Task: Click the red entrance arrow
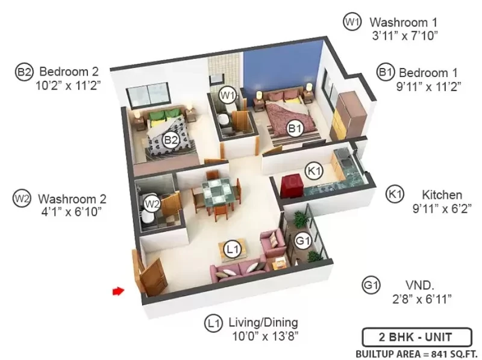(x=118, y=291)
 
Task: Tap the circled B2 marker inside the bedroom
(x=171, y=140)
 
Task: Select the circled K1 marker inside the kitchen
(x=314, y=171)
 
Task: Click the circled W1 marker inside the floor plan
(x=227, y=96)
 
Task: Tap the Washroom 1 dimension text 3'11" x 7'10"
(x=404, y=36)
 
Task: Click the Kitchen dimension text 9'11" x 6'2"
(x=442, y=209)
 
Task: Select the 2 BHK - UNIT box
(x=417, y=337)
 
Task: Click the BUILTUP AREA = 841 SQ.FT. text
(x=416, y=354)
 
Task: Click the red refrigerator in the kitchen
(x=290, y=185)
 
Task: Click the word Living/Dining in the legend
(x=263, y=323)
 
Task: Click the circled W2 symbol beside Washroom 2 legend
(x=22, y=199)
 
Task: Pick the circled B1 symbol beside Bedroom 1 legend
(x=386, y=72)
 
